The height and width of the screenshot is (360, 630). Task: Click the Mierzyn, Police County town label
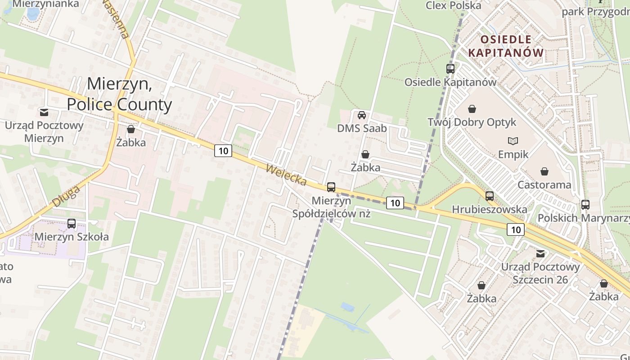119,94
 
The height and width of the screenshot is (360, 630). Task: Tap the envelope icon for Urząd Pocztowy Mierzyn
44,112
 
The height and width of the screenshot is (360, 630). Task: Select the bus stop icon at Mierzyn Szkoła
72,223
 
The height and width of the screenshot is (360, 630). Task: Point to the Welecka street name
286,175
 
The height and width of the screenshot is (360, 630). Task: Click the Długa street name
66,196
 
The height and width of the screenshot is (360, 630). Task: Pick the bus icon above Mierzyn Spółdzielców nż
331,187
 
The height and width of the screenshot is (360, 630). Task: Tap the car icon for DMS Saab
362,115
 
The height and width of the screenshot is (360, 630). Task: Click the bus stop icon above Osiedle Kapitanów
450,69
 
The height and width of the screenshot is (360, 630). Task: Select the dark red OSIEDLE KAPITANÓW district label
506,46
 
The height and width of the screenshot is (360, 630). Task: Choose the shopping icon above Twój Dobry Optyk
472,109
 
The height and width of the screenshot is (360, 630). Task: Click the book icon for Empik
513,141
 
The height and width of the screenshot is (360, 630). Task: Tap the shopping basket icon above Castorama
544,171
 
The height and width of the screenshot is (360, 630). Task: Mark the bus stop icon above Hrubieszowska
490,196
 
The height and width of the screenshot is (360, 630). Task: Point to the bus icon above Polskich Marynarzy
585,205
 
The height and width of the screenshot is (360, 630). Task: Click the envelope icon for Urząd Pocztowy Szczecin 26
540,254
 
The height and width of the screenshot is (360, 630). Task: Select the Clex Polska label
453,5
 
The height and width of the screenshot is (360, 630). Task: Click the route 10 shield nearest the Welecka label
223,151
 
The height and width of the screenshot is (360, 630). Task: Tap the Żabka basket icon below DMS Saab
365,155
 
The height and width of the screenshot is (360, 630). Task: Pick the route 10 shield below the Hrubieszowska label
516,229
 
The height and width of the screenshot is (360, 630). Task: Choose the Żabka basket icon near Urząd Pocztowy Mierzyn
131,130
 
